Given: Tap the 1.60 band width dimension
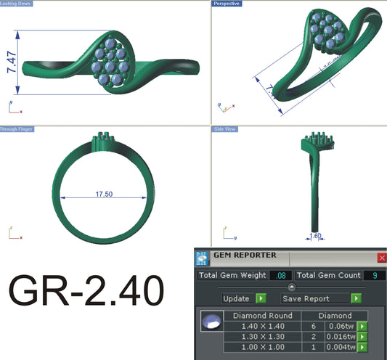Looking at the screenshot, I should (x=315, y=235).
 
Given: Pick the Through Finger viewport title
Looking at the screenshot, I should (x=17, y=129).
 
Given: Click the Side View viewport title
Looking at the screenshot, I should (x=224, y=129).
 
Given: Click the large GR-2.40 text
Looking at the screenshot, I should (x=86, y=292).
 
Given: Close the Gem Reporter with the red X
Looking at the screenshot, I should (x=382, y=258).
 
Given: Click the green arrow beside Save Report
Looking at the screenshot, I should (x=356, y=298).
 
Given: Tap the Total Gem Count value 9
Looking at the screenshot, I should (x=373, y=276).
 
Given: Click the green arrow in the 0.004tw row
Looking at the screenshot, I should (x=361, y=347).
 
